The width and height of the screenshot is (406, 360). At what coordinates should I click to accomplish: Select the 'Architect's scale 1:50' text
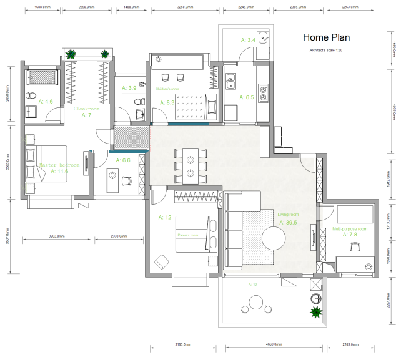point(326,50)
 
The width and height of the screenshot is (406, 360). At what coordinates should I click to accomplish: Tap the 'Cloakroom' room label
point(86,109)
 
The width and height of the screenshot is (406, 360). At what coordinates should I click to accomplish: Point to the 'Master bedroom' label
point(59,165)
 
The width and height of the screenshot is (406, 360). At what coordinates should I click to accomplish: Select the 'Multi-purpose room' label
point(350,229)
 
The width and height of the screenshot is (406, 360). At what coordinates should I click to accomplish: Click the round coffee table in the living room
point(274,238)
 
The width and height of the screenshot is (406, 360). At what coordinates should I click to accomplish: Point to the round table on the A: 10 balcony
point(256,303)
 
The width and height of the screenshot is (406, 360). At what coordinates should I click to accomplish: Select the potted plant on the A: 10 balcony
point(316,311)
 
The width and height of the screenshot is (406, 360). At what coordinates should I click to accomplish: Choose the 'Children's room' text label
point(167,89)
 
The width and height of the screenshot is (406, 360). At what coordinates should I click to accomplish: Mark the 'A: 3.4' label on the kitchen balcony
point(248,40)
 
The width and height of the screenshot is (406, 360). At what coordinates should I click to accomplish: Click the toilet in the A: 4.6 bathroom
point(29,96)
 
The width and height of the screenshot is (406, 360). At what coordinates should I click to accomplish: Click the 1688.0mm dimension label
point(42,7)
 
